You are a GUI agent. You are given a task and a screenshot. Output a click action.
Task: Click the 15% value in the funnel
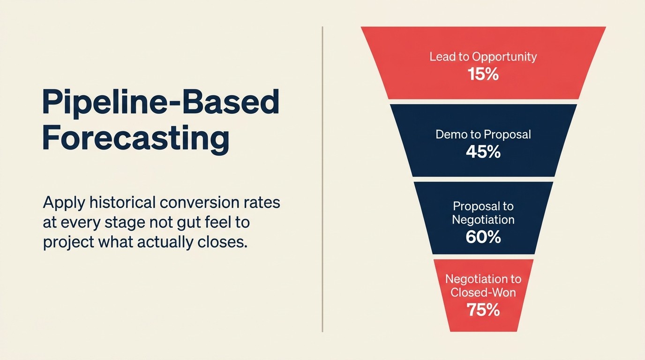483,74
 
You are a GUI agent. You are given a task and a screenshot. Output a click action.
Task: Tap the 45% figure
483,152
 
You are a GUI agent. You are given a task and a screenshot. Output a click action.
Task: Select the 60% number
483,237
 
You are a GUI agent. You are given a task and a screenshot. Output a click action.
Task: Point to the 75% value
483,310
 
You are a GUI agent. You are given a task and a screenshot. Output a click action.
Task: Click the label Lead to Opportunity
483,57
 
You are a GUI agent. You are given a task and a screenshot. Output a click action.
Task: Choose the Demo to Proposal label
483,135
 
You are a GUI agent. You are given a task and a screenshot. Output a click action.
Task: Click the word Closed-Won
483,292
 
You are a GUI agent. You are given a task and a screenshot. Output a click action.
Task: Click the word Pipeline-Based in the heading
161,102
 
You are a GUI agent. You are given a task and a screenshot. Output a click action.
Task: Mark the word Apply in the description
60,203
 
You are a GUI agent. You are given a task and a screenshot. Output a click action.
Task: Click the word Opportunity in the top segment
504,57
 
